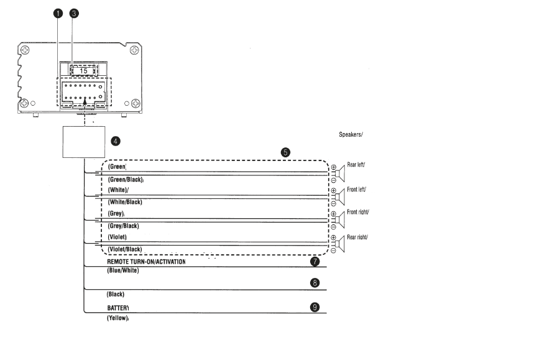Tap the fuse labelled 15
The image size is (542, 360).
(x=83, y=70)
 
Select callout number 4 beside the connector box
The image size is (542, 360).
(x=115, y=141)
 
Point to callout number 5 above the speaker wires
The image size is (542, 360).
(x=285, y=151)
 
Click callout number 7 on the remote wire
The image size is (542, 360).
(x=315, y=262)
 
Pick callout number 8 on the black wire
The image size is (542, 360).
(x=315, y=283)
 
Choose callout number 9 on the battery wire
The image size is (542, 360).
(x=315, y=307)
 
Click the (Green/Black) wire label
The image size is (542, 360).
(x=126, y=180)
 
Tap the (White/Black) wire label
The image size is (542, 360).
(x=125, y=202)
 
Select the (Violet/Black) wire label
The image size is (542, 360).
(x=125, y=249)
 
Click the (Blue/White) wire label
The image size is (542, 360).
(x=123, y=270)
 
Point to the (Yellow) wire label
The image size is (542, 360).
(x=117, y=318)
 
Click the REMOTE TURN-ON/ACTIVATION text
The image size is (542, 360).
(x=146, y=262)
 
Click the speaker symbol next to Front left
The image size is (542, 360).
(x=339, y=196)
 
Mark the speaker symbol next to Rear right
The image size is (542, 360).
(x=339, y=244)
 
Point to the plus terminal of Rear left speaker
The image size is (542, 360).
(x=333, y=167)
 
